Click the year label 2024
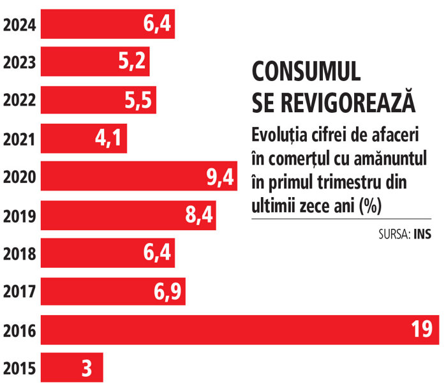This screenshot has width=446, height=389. coord(19,26)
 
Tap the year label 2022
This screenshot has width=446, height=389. coord(19,101)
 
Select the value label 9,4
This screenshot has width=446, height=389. coord(219,177)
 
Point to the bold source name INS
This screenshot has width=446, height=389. coord(422,234)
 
